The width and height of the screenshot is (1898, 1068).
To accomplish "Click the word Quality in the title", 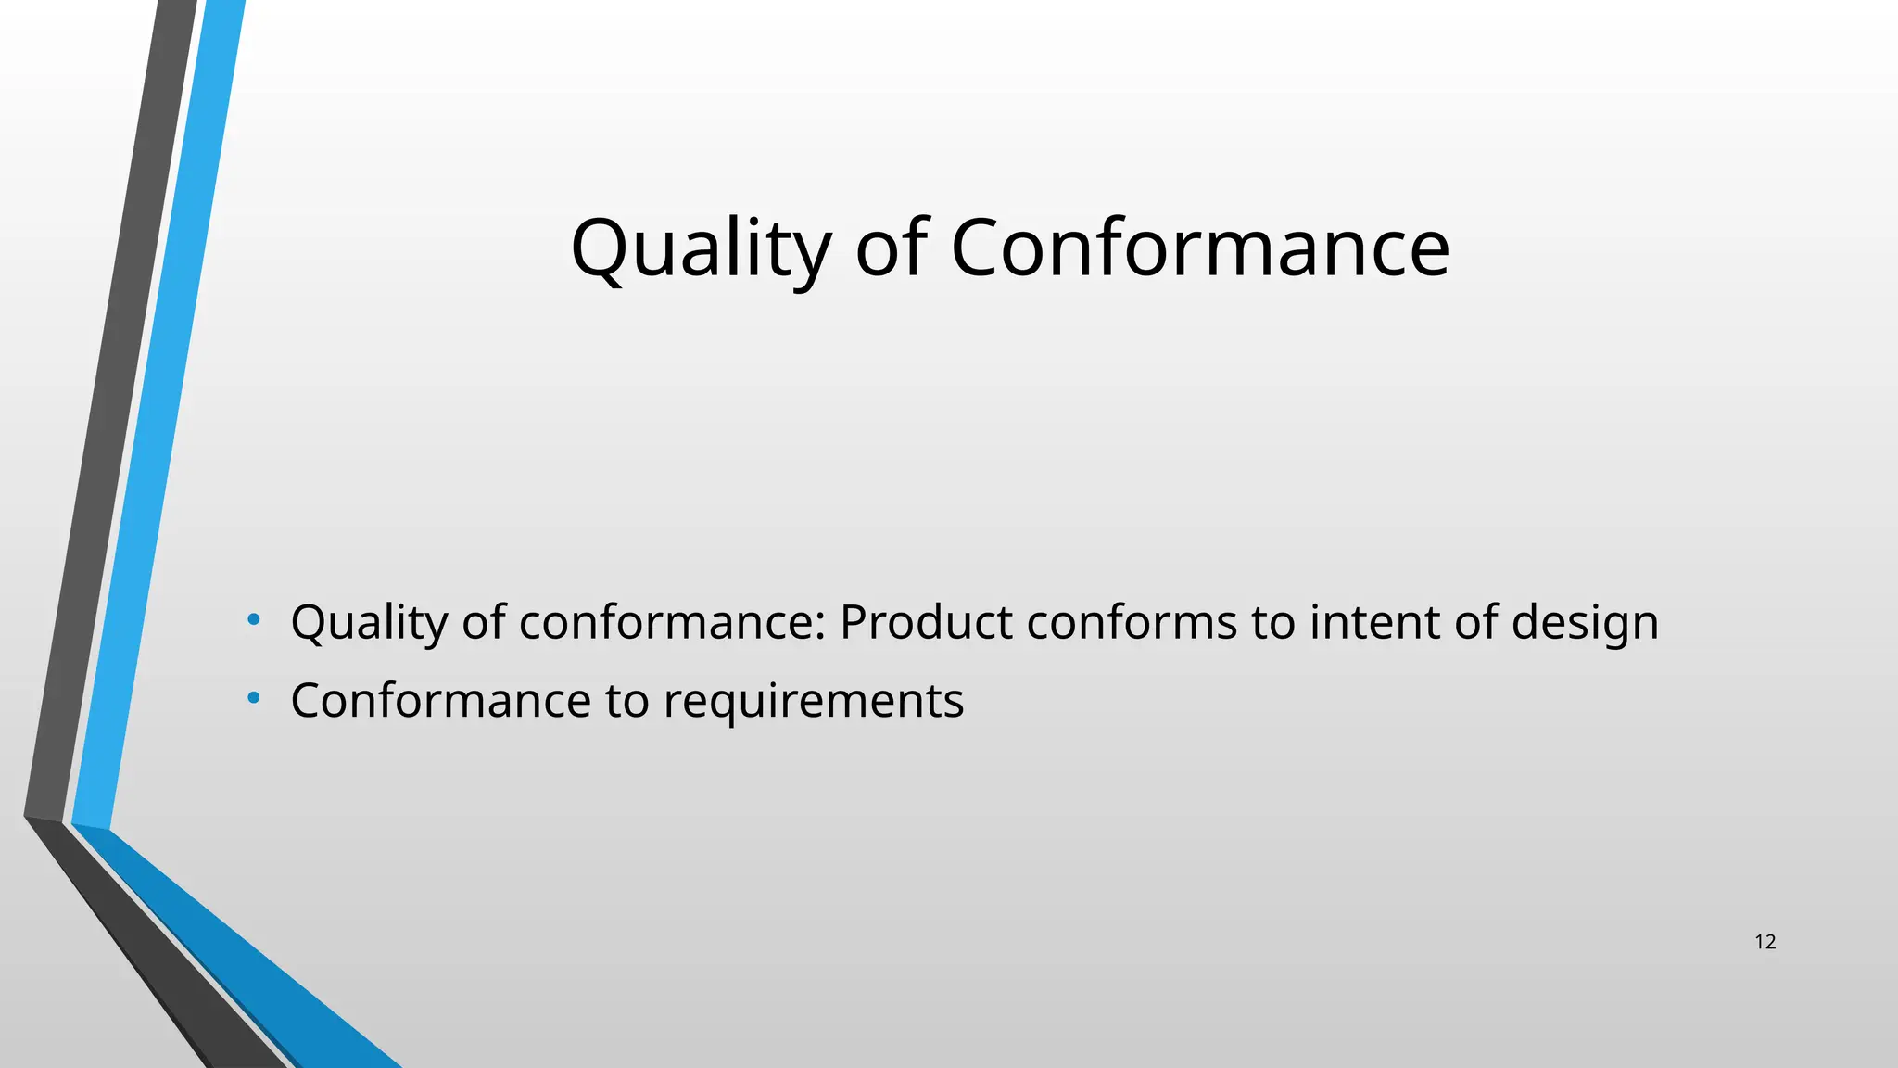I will [700, 248].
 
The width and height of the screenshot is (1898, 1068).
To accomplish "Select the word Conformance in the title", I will [1199, 248].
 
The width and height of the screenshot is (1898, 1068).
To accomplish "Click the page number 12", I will [1765, 943].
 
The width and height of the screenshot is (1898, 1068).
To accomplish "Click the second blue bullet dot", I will [253, 697].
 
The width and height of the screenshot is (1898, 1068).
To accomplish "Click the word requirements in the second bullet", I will [813, 702].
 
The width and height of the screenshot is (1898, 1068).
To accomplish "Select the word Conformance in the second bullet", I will [440, 700].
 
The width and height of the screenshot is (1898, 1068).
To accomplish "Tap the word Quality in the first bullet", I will [369, 623].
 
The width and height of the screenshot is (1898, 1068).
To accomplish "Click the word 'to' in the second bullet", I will [626, 701].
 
